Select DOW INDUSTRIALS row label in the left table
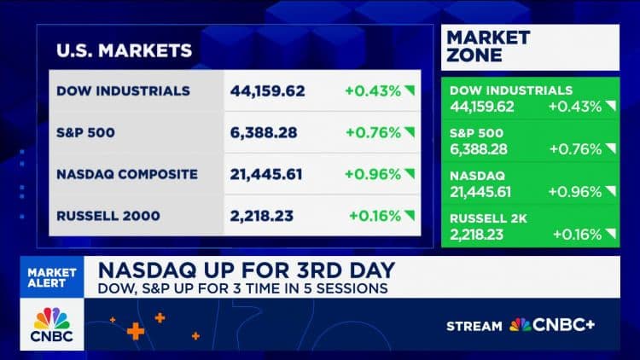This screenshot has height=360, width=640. tap(124, 90)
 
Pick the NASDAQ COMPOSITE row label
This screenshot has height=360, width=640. tap(127, 174)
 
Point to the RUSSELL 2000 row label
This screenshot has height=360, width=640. tap(108, 216)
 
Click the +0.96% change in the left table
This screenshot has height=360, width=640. tap(373, 174)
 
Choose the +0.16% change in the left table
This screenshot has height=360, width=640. tap(375, 216)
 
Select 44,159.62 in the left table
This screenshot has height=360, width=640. tap(268, 90)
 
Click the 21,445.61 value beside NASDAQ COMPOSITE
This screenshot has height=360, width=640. tap(268, 174)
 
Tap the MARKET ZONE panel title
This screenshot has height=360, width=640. tap(489, 47)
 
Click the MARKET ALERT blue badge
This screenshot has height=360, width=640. tap(54, 278)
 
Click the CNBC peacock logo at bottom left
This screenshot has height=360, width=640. tap(53, 324)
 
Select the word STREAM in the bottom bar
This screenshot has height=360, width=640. tap(474, 325)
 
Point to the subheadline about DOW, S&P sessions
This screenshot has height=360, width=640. tap(241, 288)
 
